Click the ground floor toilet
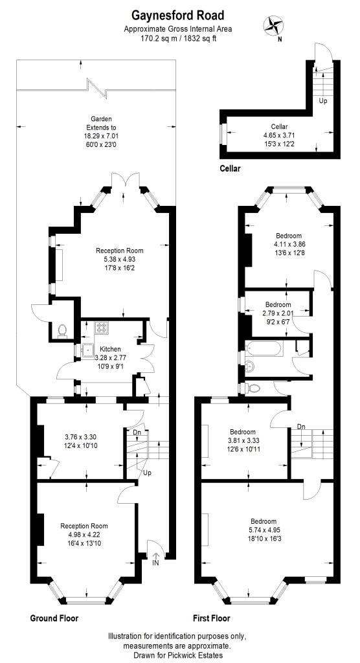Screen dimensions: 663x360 tap(62, 330)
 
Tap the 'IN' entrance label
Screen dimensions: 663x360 tap(155, 563)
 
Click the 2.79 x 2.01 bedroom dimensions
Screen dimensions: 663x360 tap(278, 313)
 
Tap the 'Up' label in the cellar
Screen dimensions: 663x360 tap(322, 101)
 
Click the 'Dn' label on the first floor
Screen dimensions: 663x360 tap(301, 426)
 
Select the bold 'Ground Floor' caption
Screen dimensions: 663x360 tap(54, 618)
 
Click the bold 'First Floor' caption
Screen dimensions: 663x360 tap(211, 618)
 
